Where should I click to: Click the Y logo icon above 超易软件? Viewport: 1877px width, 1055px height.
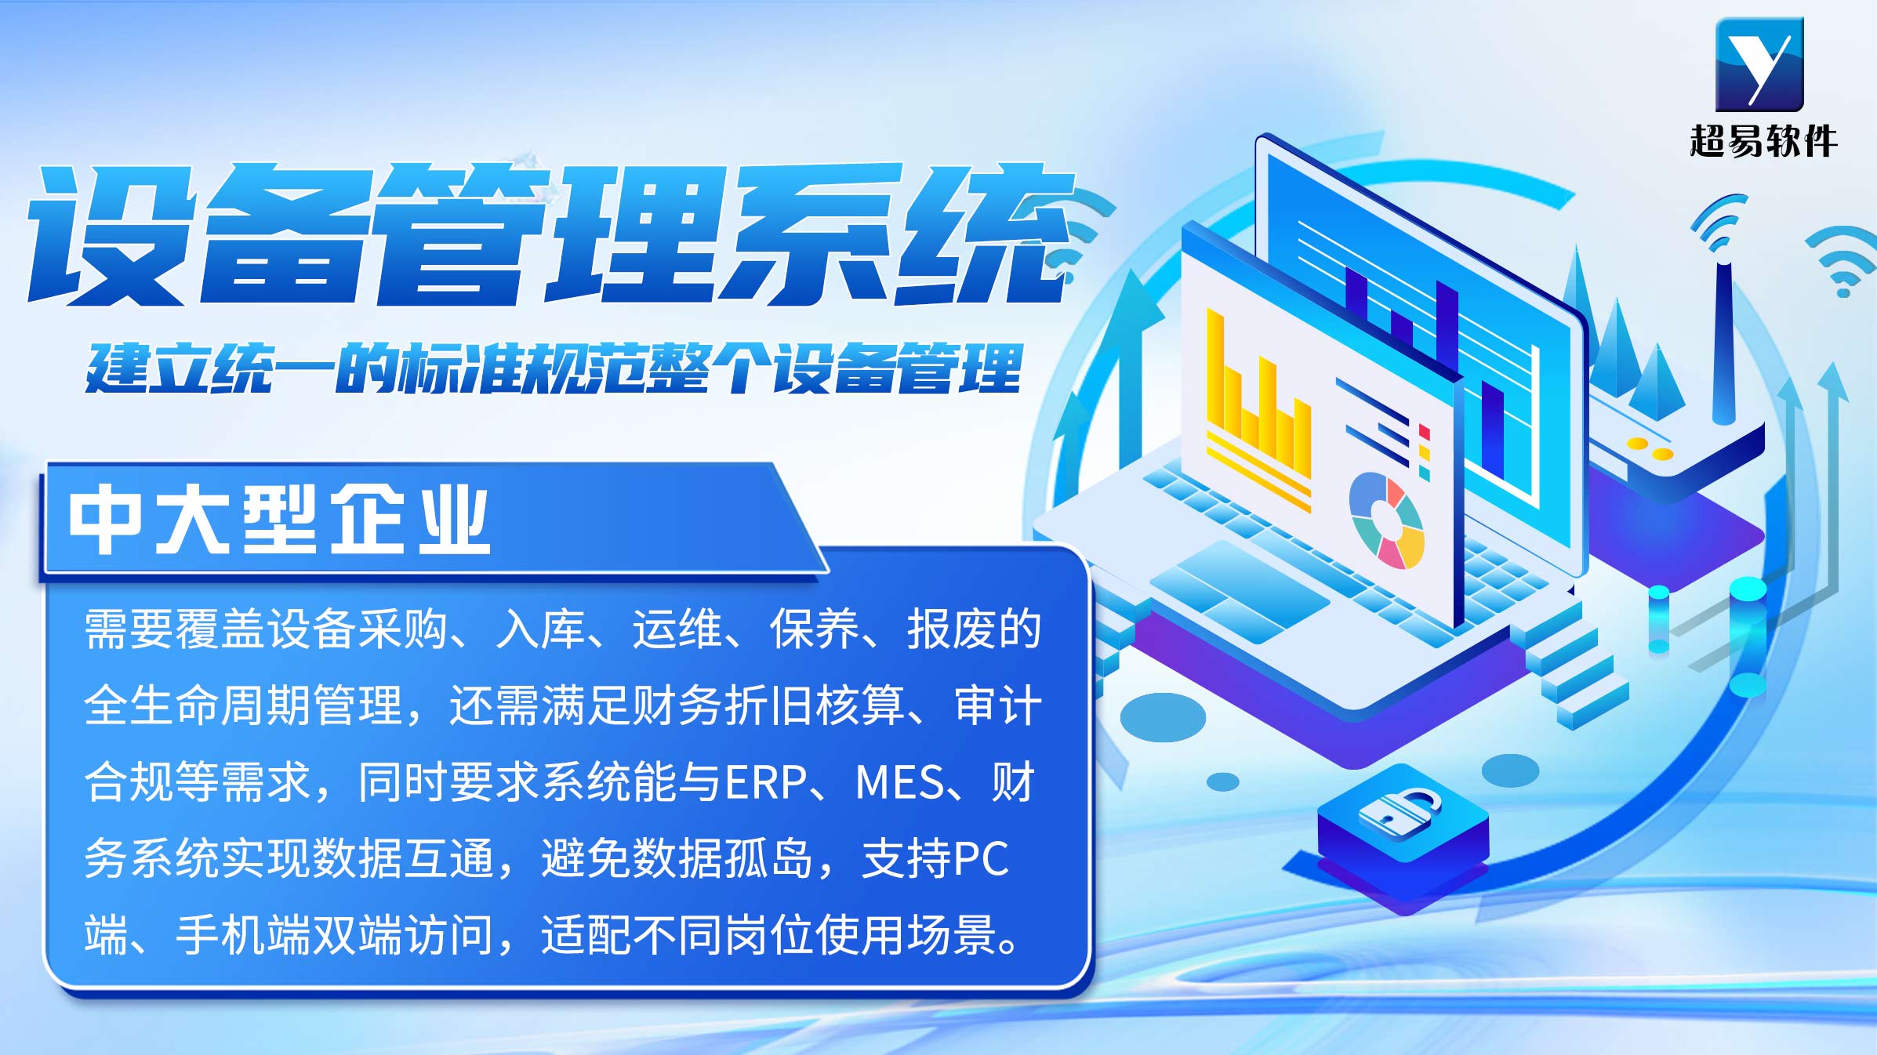point(1759,64)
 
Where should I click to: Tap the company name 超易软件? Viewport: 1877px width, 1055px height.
point(1763,142)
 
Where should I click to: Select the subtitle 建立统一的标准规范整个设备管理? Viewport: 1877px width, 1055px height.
point(554,368)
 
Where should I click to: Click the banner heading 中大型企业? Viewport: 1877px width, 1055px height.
point(279,520)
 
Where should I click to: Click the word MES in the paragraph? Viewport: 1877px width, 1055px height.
point(900,782)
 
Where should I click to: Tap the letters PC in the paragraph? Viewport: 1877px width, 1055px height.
point(981,858)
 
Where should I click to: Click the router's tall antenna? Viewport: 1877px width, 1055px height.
point(1723,342)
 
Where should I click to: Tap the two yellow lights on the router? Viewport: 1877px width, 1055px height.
point(1650,449)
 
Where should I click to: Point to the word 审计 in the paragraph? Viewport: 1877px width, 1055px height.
point(998,705)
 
